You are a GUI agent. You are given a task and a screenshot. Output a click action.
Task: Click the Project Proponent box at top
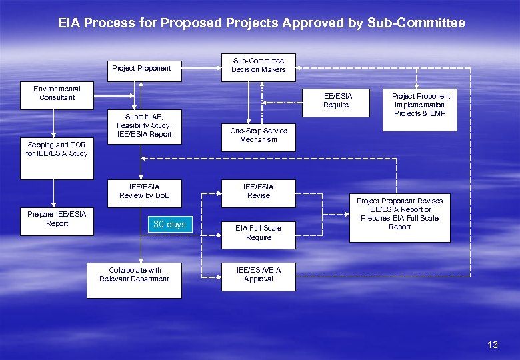point(141,68)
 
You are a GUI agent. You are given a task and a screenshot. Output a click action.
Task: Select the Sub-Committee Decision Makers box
point(259,65)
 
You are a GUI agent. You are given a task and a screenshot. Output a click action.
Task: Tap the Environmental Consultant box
point(57,93)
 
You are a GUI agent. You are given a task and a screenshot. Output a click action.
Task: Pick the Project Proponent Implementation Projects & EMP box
point(420,105)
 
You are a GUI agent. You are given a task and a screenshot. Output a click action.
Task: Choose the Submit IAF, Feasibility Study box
point(144,125)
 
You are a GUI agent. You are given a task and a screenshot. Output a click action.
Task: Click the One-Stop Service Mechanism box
point(259,135)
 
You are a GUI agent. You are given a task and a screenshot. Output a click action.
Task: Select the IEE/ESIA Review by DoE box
point(144,191)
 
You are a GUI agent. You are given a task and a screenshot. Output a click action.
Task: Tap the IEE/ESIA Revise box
point(259,191)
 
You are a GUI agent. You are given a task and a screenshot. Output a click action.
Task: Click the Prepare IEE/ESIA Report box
point(57,219)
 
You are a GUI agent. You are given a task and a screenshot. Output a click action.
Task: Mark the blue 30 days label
point(169,225)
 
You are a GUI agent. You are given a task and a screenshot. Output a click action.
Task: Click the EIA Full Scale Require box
point(259,233)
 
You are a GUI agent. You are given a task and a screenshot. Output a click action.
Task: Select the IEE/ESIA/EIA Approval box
point(259,275)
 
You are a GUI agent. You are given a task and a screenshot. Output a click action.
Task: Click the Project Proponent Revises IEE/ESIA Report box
point(400,214)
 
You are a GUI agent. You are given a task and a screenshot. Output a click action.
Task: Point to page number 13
point(493,345)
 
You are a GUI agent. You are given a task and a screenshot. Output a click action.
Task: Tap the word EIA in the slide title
point(68,23)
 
